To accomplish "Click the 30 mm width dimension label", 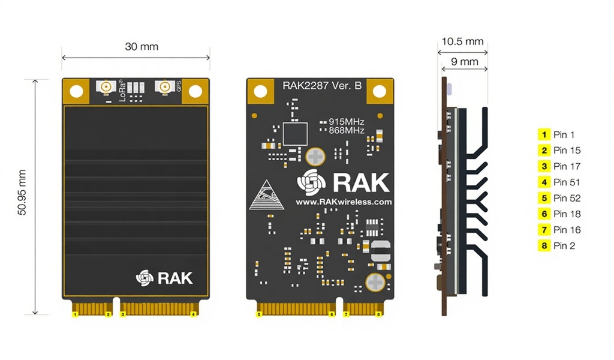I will (142, 47).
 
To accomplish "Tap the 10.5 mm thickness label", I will (462, 42).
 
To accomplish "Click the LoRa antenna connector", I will (106, 88).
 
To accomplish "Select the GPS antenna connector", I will (162, 88).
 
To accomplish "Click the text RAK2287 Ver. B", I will (322, 86).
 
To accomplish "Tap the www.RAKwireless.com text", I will (344, 202).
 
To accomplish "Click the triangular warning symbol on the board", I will (266, 195).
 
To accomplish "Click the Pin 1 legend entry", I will (558, 135).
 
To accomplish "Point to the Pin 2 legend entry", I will (558, 245).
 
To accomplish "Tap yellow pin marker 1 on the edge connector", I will (75, 314).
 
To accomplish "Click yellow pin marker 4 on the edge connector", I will (193, 314).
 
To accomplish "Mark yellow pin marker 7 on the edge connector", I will (346, 314).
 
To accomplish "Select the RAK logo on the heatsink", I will (164, 277).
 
